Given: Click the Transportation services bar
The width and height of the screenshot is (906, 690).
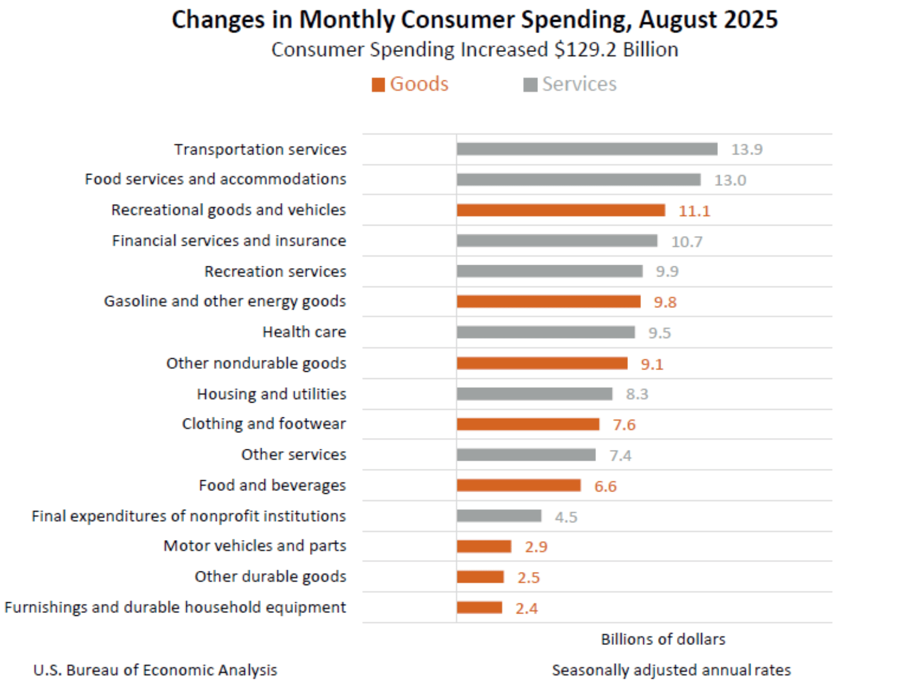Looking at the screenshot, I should (x=587, y=149).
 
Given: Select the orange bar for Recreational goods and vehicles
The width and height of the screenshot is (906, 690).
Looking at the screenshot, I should (x=561, y=210).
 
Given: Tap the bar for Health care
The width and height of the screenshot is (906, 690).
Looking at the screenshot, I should (x=545, y=332).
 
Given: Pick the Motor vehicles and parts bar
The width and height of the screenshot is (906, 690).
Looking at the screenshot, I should (x=484, y=547).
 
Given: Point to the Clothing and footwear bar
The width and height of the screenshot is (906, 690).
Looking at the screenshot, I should (x=528, y=424).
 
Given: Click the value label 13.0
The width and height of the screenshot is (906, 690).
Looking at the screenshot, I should (x=730, y=180).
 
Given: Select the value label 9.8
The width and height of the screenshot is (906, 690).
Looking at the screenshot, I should (x=665, y=302).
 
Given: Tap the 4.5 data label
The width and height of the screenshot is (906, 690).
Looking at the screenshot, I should (x=566, y=517).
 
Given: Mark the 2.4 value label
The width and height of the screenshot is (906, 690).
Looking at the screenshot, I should (x=527, y=608).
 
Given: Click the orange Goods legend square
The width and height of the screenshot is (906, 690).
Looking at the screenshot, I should (x=378, y=85).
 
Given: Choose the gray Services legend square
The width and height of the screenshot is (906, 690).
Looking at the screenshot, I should (x=530, y=85).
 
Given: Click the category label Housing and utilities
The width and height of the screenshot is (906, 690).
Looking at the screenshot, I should (x=271, y=394).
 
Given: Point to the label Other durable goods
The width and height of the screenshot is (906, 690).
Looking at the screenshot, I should (x=270, y=577).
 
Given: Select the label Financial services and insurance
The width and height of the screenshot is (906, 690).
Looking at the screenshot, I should (x=228, y=241).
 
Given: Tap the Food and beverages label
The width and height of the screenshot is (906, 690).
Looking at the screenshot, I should (x=272, y=485).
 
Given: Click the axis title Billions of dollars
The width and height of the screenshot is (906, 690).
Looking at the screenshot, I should (x=663, y=639).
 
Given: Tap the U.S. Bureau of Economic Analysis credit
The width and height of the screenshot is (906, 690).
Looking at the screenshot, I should (x=155, y=670).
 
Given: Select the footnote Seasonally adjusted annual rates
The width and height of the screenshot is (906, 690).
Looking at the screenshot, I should (x=671, y=670).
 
